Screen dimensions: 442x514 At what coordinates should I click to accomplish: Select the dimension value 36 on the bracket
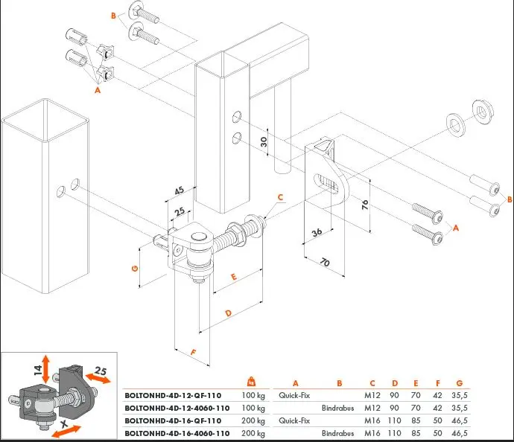317,232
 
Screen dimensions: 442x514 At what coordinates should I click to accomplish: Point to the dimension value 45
180,191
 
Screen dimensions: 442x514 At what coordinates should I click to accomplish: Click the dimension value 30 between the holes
264,141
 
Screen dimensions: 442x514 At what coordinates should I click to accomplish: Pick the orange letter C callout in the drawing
280,198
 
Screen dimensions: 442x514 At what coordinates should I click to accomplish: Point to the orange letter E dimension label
233,277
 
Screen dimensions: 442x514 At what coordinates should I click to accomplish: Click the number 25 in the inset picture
102,371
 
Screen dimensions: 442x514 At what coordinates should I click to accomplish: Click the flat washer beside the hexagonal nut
454,124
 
